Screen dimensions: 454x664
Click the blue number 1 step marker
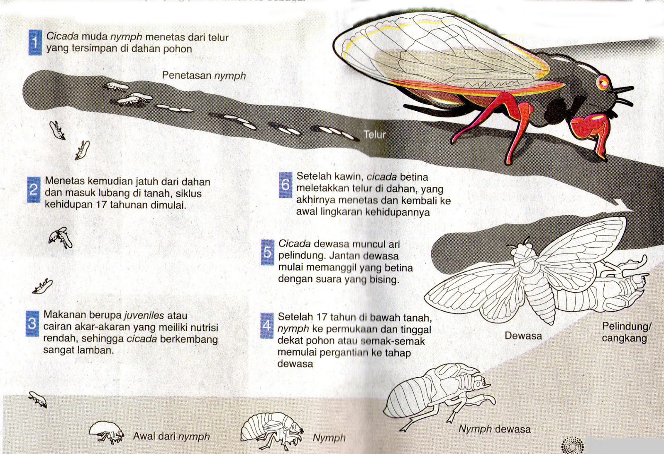pyautogui.click(x=35, y=43)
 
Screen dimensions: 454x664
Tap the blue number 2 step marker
pyautogui.click(x=34, y=190)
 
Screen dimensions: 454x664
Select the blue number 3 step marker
pyautogui.click(x=32, y=323)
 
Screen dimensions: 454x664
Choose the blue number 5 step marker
pyautogui.click(x=268, y=252)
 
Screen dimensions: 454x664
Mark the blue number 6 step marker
pyautogui.click(x=286, y=184)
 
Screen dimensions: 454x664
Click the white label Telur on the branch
pyautogui.click(x=375, y=134)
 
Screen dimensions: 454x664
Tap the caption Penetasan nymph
pyautogui.click(x=204, y=76)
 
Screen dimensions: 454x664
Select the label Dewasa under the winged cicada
pyautogui.click(x=523, y=336)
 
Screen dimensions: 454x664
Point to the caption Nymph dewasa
pyautogui.click(x=494, y=429)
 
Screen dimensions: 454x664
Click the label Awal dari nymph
pyautogui.click(x=171, y=436)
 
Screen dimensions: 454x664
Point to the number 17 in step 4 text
pyautogui.click(x=322, y=317)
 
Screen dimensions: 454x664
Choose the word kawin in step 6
pyautogui.click(x=339, y=177)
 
